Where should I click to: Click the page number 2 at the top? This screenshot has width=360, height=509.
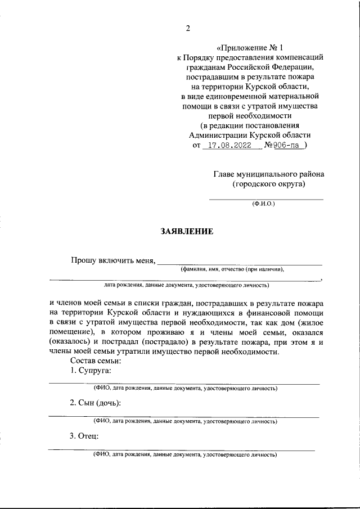coord(188,29)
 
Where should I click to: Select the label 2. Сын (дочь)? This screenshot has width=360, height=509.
coord(96,403)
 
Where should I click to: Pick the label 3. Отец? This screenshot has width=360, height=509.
coord(84,435)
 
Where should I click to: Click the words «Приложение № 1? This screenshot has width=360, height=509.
coord(250,48)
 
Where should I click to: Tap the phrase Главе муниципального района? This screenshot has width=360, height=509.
coord(268,174)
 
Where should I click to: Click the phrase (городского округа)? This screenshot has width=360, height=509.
coord(269,184)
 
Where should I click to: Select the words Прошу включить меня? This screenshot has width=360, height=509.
coord(112,260)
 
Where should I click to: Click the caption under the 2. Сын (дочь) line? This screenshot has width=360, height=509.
coord(185,421)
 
